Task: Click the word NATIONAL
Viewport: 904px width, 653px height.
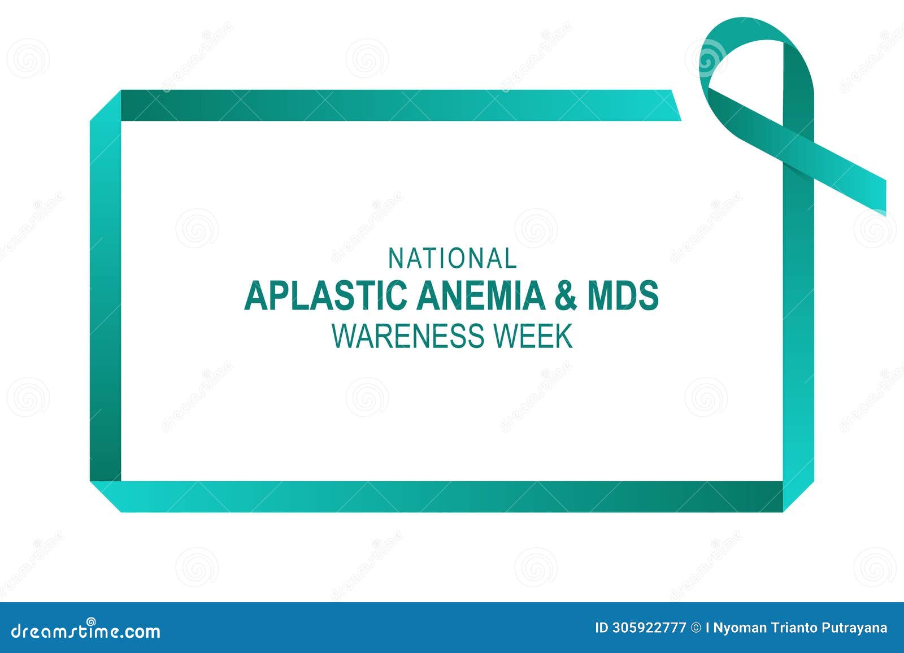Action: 452,259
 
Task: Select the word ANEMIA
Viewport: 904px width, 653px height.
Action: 481,295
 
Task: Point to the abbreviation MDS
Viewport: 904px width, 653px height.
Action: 623,295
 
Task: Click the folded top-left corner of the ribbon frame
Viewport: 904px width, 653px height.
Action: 106,106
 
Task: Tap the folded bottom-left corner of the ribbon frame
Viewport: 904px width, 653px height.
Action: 106,496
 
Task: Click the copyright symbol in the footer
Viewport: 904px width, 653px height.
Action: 696,628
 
